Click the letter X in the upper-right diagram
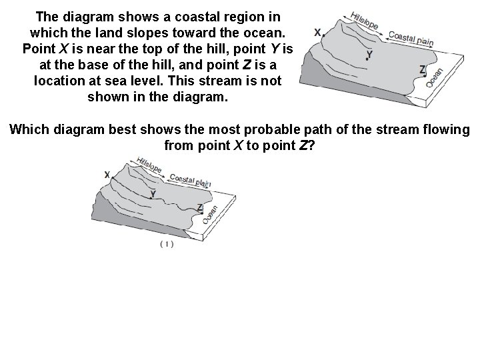point(317,32)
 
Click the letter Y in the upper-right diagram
point(369,53)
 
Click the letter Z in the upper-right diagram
point(422,69)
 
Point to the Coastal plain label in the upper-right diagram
point(411,39)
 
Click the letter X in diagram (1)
point(107,175)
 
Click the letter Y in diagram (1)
point(153,193)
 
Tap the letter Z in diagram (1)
point(200,207)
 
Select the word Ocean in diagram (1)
point(211,214)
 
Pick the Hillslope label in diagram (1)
point(149,165)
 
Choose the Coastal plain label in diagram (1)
point(190,179)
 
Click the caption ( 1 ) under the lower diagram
point(167,245)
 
